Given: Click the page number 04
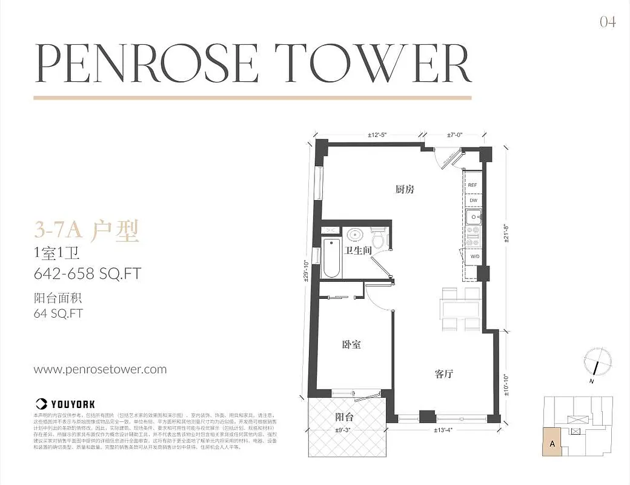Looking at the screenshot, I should coord(608,22).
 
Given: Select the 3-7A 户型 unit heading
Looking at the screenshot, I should coord(87,230).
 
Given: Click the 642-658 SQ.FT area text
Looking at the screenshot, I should coord(87,273).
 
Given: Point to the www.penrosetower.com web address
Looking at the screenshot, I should coord(100,369).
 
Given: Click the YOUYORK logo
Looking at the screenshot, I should coord(65,403).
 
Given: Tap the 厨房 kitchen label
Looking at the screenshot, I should coord(405,189).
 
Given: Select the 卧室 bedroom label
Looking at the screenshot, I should coord(351,344).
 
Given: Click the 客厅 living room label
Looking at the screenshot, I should coord(443,374).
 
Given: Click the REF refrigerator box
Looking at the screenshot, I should coord(472,185).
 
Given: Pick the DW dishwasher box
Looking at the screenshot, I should coord(472,201).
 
